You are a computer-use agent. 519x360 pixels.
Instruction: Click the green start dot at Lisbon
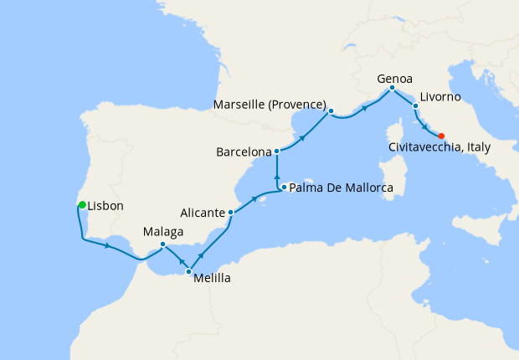[x=81, y=204]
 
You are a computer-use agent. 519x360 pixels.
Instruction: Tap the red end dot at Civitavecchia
[x=441, y=136]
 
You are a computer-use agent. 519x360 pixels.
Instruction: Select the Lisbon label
[x=105, y=206]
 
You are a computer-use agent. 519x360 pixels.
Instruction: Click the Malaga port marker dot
[x=163, y=244]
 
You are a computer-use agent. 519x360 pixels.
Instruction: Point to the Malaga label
[x=163, y=230]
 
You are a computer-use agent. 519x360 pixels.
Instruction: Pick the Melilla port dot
[x=188, y=272]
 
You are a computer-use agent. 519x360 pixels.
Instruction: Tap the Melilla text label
[x=212, y=279]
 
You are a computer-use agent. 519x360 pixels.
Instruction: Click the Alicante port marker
[x=230, y=213]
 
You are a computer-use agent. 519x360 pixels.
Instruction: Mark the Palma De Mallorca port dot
[x=285, y=188]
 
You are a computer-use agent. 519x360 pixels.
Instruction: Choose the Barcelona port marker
[x=277, y=152]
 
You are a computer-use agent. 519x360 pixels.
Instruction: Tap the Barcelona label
[x=244, y=153]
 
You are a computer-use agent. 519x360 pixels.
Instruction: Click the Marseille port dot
[x=331, y=111]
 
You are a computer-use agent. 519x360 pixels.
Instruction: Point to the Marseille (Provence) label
[x=269, y=105]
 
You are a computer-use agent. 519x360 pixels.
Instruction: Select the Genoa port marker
[x=392, y=87]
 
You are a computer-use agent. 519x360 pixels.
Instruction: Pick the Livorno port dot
[x=415, y=106]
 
